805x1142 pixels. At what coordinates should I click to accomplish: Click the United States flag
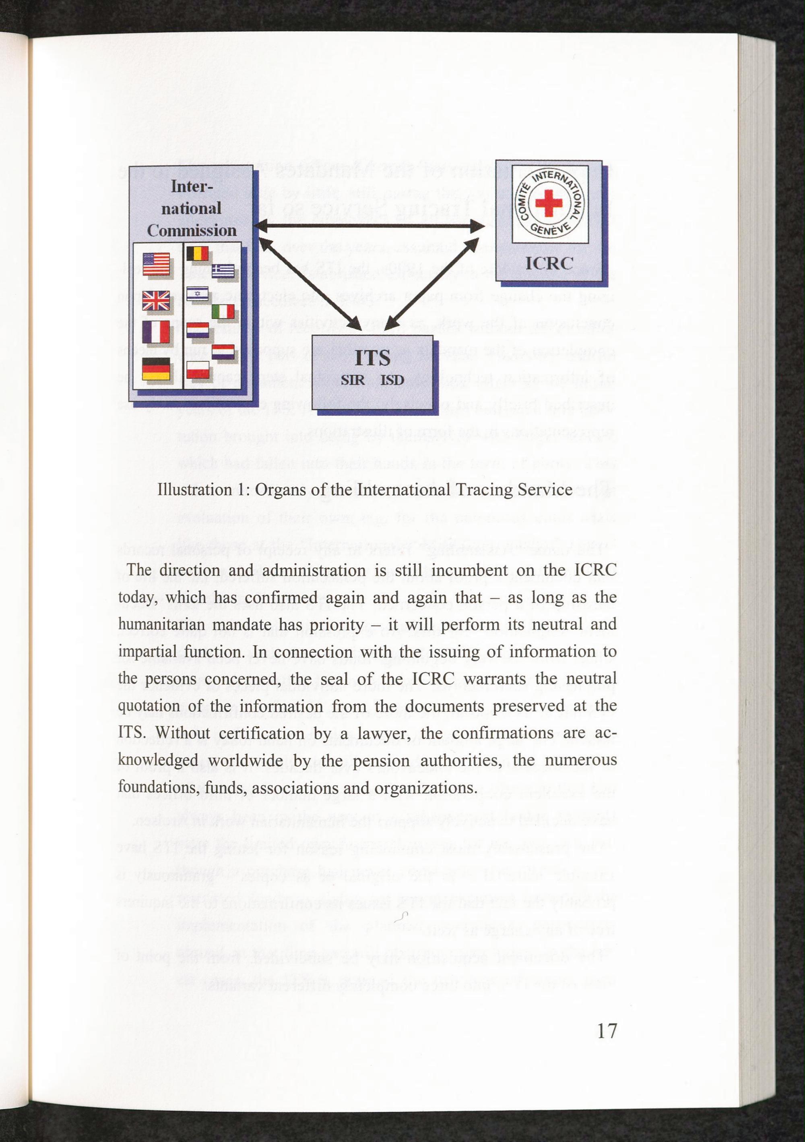[x=156, y=263]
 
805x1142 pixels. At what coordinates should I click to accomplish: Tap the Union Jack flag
[x=156, y=301]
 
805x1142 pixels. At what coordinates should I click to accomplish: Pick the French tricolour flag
[x=157, y=332]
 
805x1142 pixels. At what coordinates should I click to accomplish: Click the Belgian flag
[x=198, y=254]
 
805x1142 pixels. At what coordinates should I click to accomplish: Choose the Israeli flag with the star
[x=198, y=294]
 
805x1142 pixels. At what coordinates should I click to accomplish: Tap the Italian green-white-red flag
[x=223, y=312]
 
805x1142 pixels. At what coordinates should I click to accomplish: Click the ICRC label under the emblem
[x=549, y=263]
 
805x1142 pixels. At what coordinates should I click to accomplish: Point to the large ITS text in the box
[x=373, y=358]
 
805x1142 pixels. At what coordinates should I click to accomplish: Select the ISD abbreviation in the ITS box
[x=392, y=380]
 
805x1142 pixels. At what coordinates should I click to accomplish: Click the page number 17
[x=607, y=1030]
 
